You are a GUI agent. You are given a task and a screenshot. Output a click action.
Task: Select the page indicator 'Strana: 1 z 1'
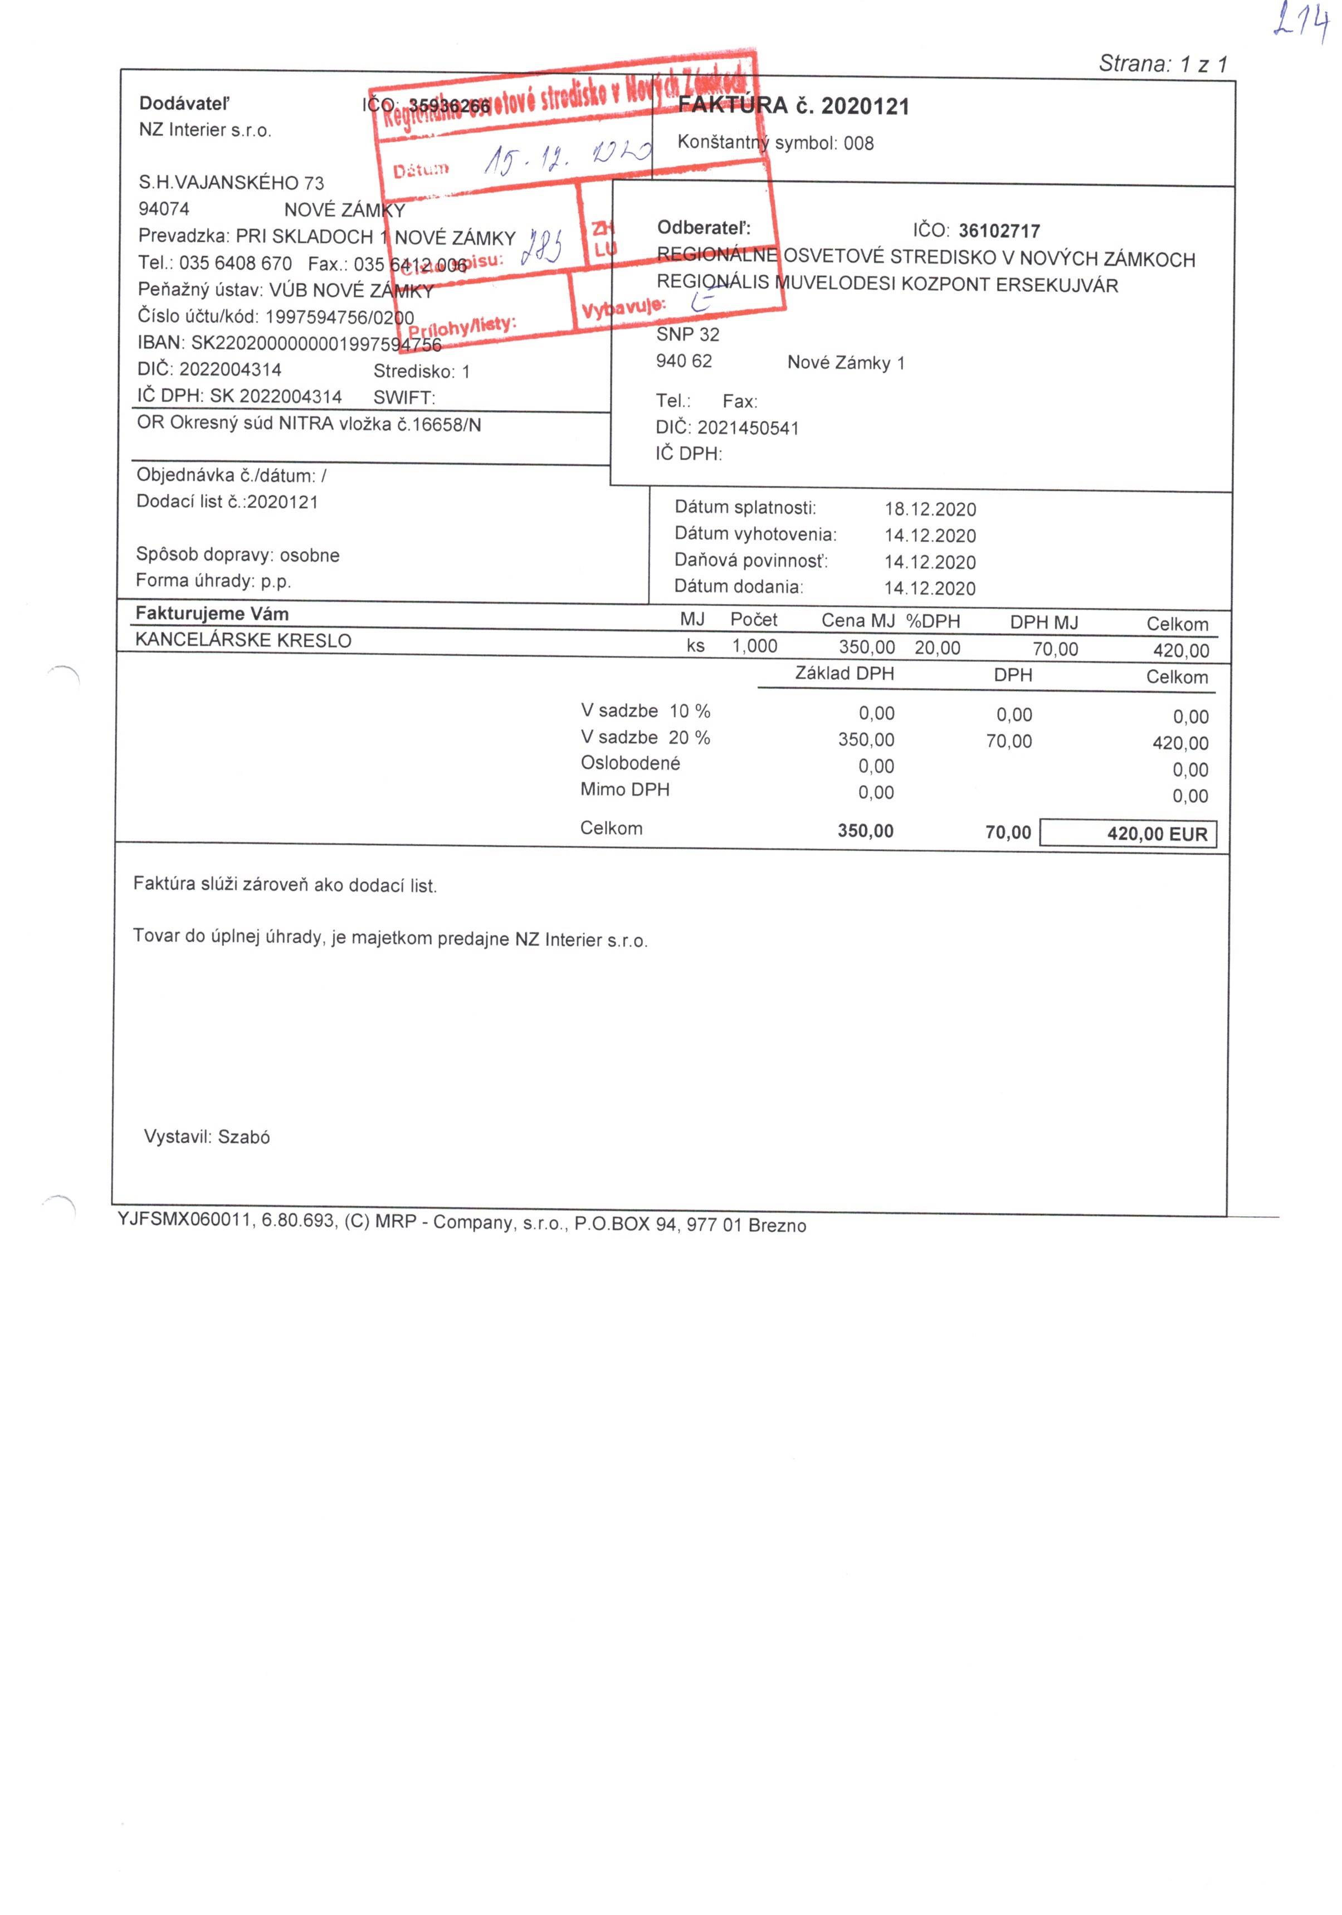click(x=1163, y=64)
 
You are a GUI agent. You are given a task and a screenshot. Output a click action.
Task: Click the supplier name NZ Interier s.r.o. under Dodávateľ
click(x=205, y=130)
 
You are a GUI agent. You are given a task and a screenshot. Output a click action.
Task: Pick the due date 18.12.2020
click(x=930, y=509)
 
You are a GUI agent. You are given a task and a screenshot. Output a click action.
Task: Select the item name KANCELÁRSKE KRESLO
click(x=243, y=640)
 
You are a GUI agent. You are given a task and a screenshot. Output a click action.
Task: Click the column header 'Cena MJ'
click(x=857, y=621)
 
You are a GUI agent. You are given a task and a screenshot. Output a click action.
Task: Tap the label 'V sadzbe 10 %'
click(x=645, y=710)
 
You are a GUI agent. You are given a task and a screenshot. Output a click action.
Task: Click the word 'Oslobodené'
click(x=629, y=763)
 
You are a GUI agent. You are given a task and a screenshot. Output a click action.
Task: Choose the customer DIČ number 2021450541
click(x=747, y=428)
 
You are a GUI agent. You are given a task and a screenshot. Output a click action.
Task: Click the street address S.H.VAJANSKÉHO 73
click(x=231, y=183)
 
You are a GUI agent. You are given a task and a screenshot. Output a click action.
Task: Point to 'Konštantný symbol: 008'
click(x=775, y=143)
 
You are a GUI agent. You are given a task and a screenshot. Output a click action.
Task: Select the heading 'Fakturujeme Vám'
click(x=212, y=614)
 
